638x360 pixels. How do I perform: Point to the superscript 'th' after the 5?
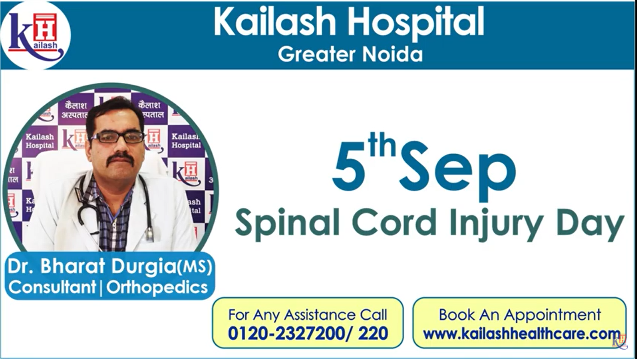[x=382, y=144]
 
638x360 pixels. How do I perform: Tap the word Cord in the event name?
[x=394, y=222]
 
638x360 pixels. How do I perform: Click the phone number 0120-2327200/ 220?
[x=308, y=333]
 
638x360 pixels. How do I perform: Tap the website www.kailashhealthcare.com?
[x=521, y=334]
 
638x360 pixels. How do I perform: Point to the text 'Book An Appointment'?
[x=519, y=315]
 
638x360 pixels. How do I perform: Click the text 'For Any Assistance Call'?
[x=308, y=315]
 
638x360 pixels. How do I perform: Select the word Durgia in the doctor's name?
[x=144, y=267]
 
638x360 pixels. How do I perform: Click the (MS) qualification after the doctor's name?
[x=195, y=267]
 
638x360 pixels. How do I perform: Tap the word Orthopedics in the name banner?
[x=157, y=287]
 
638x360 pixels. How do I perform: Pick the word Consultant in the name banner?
[x=52, y=287]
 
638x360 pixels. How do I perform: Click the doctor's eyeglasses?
[x=117, y=138]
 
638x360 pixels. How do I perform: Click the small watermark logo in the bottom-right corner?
[x=620, y=342]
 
